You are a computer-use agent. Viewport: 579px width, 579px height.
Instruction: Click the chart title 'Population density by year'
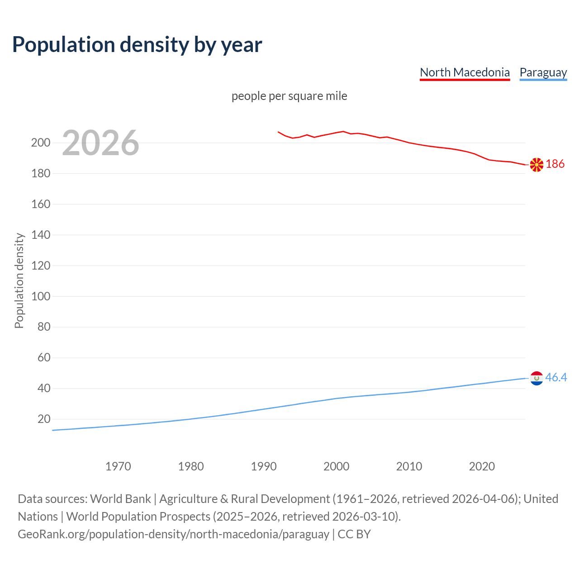[x=137, y=45]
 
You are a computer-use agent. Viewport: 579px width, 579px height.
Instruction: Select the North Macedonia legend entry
[x=465, y=72]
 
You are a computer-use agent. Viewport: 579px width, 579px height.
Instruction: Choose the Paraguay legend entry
[x=543, y=72]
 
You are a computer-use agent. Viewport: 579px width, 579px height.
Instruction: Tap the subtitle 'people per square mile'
[x=289, y=96]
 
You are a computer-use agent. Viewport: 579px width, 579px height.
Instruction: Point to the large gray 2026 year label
[x=100, y=143]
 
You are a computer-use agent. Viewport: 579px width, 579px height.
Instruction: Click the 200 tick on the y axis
[x=41, y=143]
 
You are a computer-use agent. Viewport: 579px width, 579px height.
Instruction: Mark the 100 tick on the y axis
[x=41, y=296]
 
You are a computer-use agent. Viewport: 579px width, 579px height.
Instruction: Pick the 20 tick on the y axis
[x=44, y=419]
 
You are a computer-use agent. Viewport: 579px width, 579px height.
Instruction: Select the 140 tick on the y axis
[x=41, y=235]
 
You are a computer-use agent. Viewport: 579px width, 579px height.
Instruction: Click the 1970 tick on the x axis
[x=118, y=466]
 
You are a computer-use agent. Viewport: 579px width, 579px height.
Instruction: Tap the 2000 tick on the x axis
[x=336, y=466]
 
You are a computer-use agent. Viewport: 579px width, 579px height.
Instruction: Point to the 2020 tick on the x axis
[x=482, y=466]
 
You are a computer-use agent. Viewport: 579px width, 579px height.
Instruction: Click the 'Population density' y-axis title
[x=19, y=280]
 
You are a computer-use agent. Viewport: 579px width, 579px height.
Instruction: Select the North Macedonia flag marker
[x=536, y=165]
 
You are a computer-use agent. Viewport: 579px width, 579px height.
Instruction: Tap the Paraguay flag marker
[x=536, y=378]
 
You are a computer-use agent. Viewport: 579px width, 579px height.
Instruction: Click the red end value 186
[x=555, y=164]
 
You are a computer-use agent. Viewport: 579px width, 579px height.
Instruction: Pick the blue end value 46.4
[x=556, y=377]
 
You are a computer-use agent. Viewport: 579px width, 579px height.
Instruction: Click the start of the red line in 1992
[x=278, y=132]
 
